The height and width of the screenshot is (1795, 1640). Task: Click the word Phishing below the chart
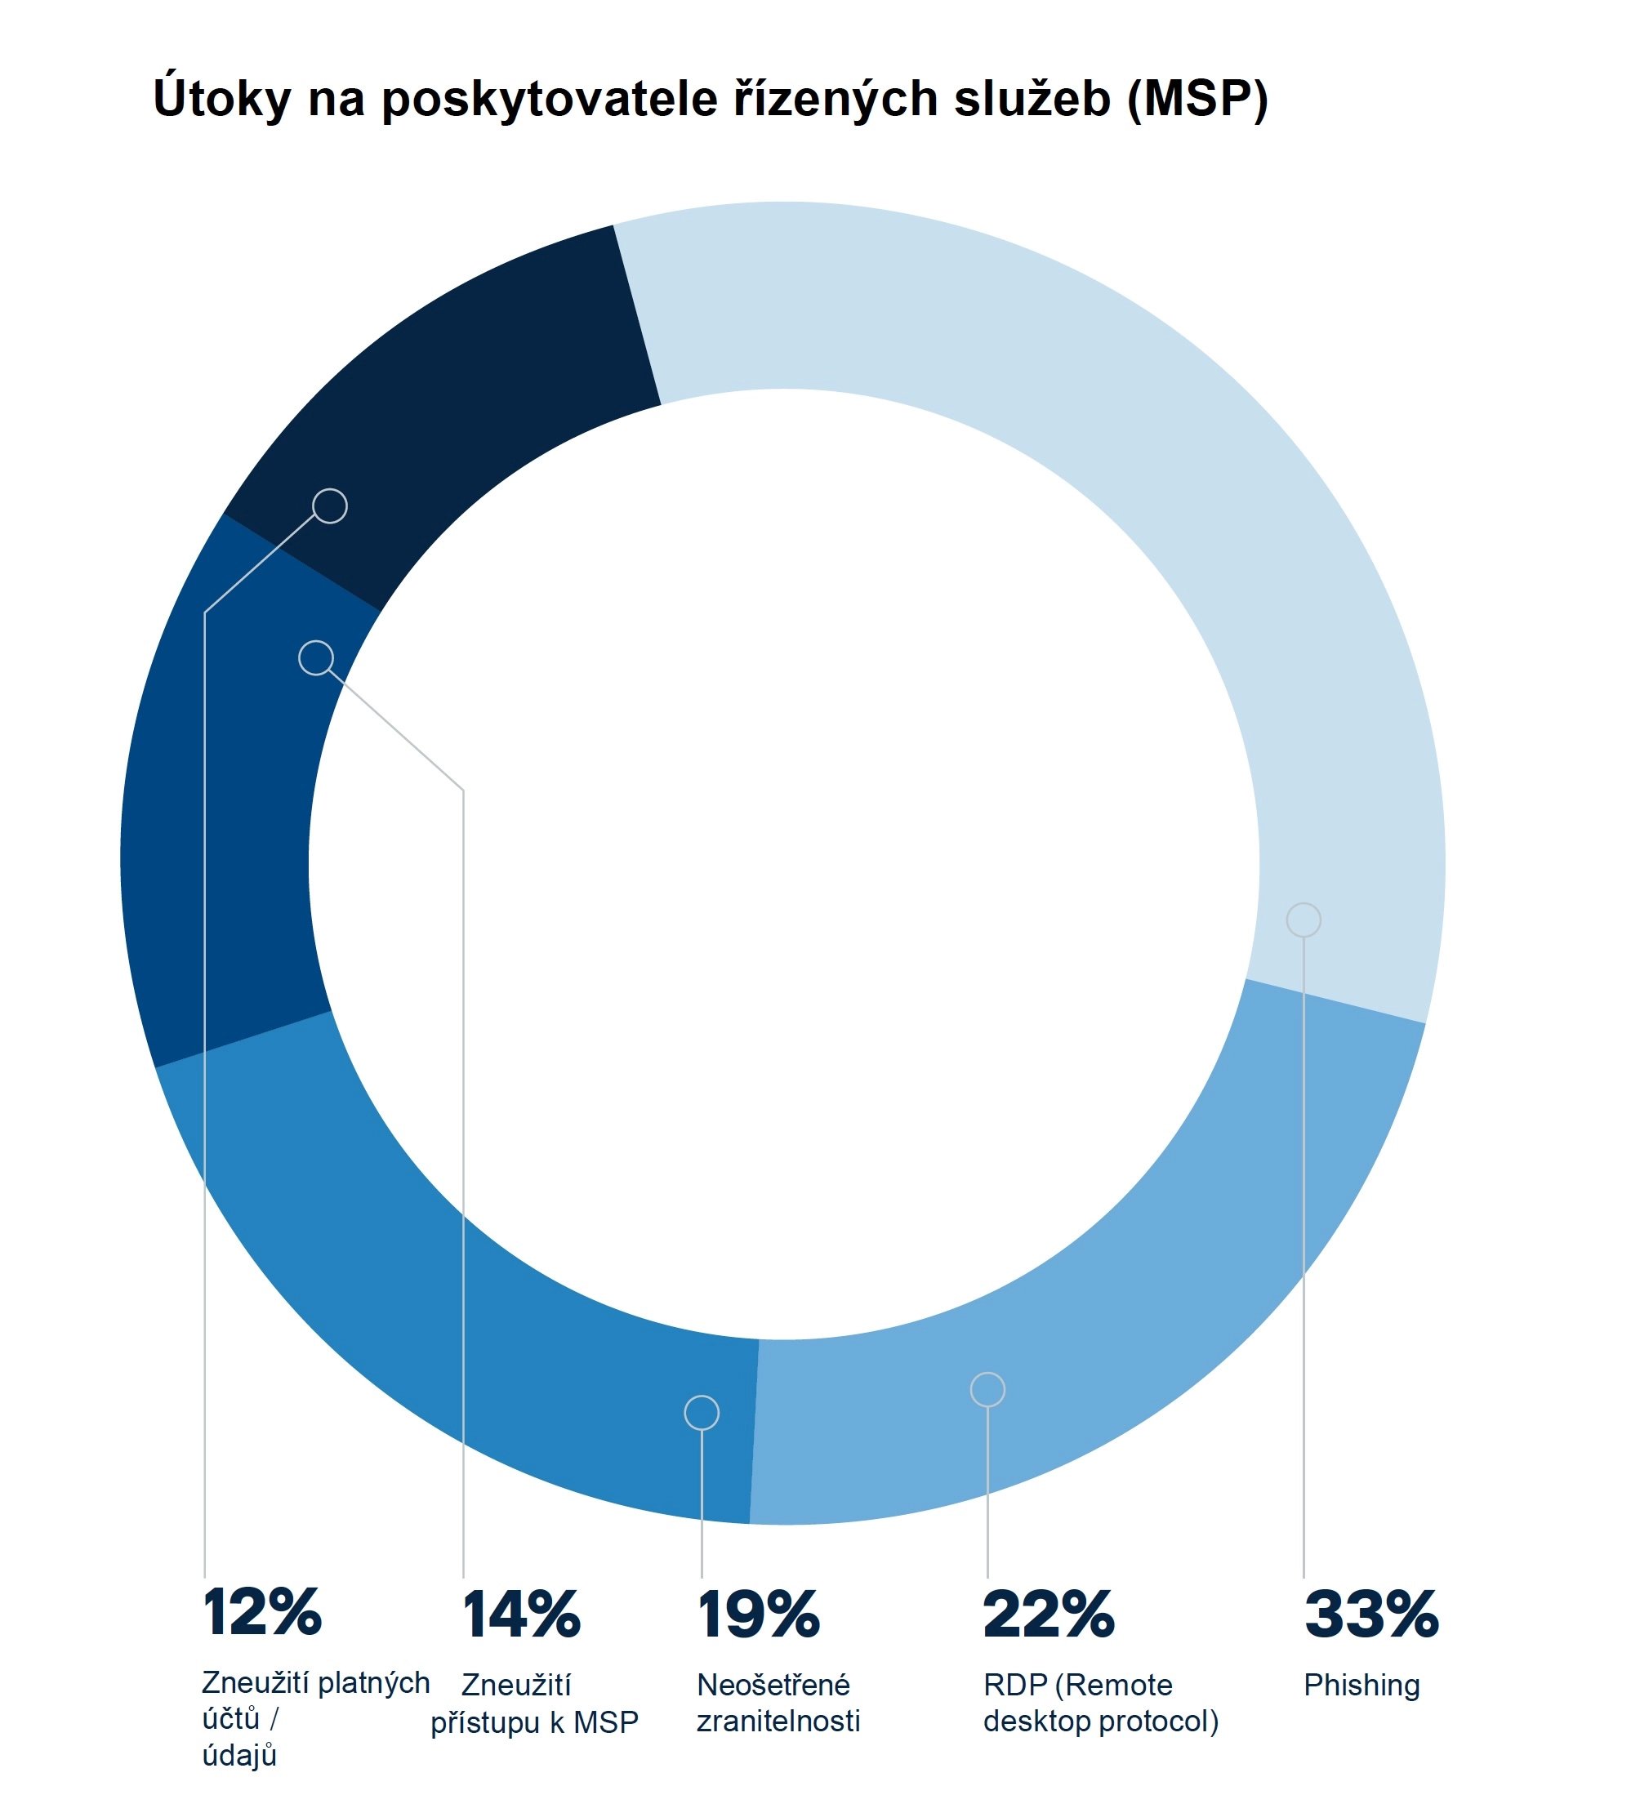pos(1361,1685)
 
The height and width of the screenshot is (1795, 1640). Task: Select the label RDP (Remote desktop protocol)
pos(1100,1703)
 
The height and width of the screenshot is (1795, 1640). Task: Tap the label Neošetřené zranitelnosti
pos(778,1703)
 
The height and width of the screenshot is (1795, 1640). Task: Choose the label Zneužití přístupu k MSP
pos(534,1704)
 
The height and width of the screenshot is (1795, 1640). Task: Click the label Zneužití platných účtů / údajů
pos(315,1718)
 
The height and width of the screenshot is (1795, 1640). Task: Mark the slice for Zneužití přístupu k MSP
pos(223,801)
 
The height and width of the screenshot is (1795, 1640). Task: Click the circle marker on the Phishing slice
pos(1304,920)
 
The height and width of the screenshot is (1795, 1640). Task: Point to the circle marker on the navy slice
pos(330,506)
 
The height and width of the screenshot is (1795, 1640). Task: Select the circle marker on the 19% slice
pos(702,1412)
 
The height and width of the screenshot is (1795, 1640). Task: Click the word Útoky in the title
pos(221,98)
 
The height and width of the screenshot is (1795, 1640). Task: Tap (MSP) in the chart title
pos(1197,98)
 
